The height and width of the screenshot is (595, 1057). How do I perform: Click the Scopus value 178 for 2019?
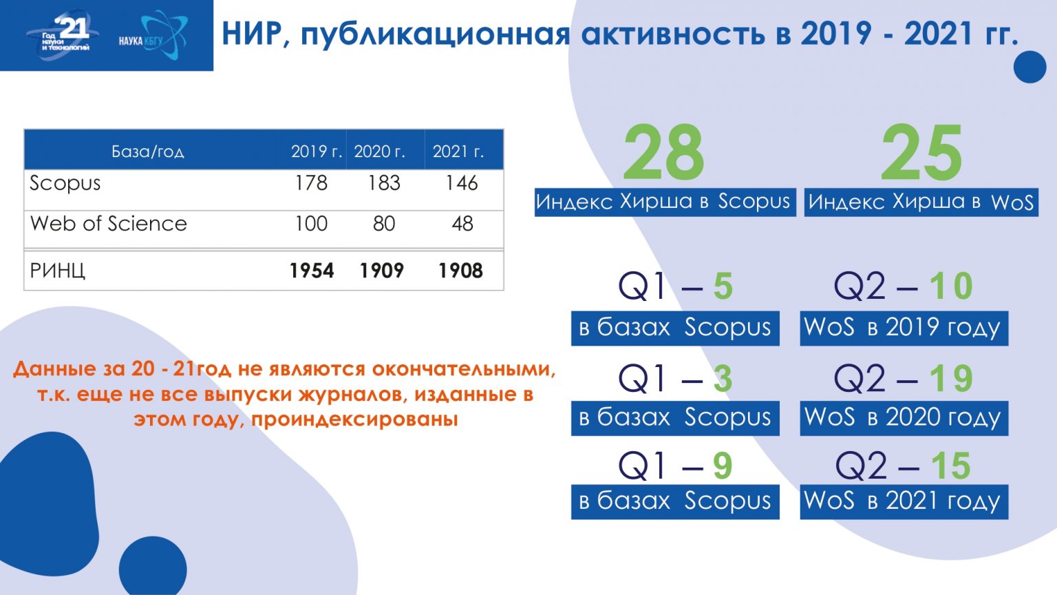[x=311, y=182]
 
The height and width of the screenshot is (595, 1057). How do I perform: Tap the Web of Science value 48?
[x=462, y=223]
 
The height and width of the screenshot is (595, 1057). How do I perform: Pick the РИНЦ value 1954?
[x=312, y=271]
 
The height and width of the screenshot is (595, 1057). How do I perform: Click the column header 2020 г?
[x=379, y=152]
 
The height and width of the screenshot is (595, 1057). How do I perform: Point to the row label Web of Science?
[x=109, y=223]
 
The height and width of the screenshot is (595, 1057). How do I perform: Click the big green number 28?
[x=663, y=152]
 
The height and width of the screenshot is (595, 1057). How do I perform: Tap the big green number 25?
[x=921, y=152]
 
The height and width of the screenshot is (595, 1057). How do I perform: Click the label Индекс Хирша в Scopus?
[x=665, y=202]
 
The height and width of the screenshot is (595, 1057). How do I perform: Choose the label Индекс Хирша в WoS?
[x=921, y=202]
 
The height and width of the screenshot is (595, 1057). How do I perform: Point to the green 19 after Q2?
[x=951, y=378]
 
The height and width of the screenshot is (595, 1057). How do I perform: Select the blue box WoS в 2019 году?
[x=904, y=328]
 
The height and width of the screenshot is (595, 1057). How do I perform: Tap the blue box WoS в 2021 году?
[x=904, y=501]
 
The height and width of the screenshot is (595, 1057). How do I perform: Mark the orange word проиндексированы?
[x=354, y=419]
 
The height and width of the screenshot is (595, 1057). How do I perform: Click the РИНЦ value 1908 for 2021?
[x=460, y=271]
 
